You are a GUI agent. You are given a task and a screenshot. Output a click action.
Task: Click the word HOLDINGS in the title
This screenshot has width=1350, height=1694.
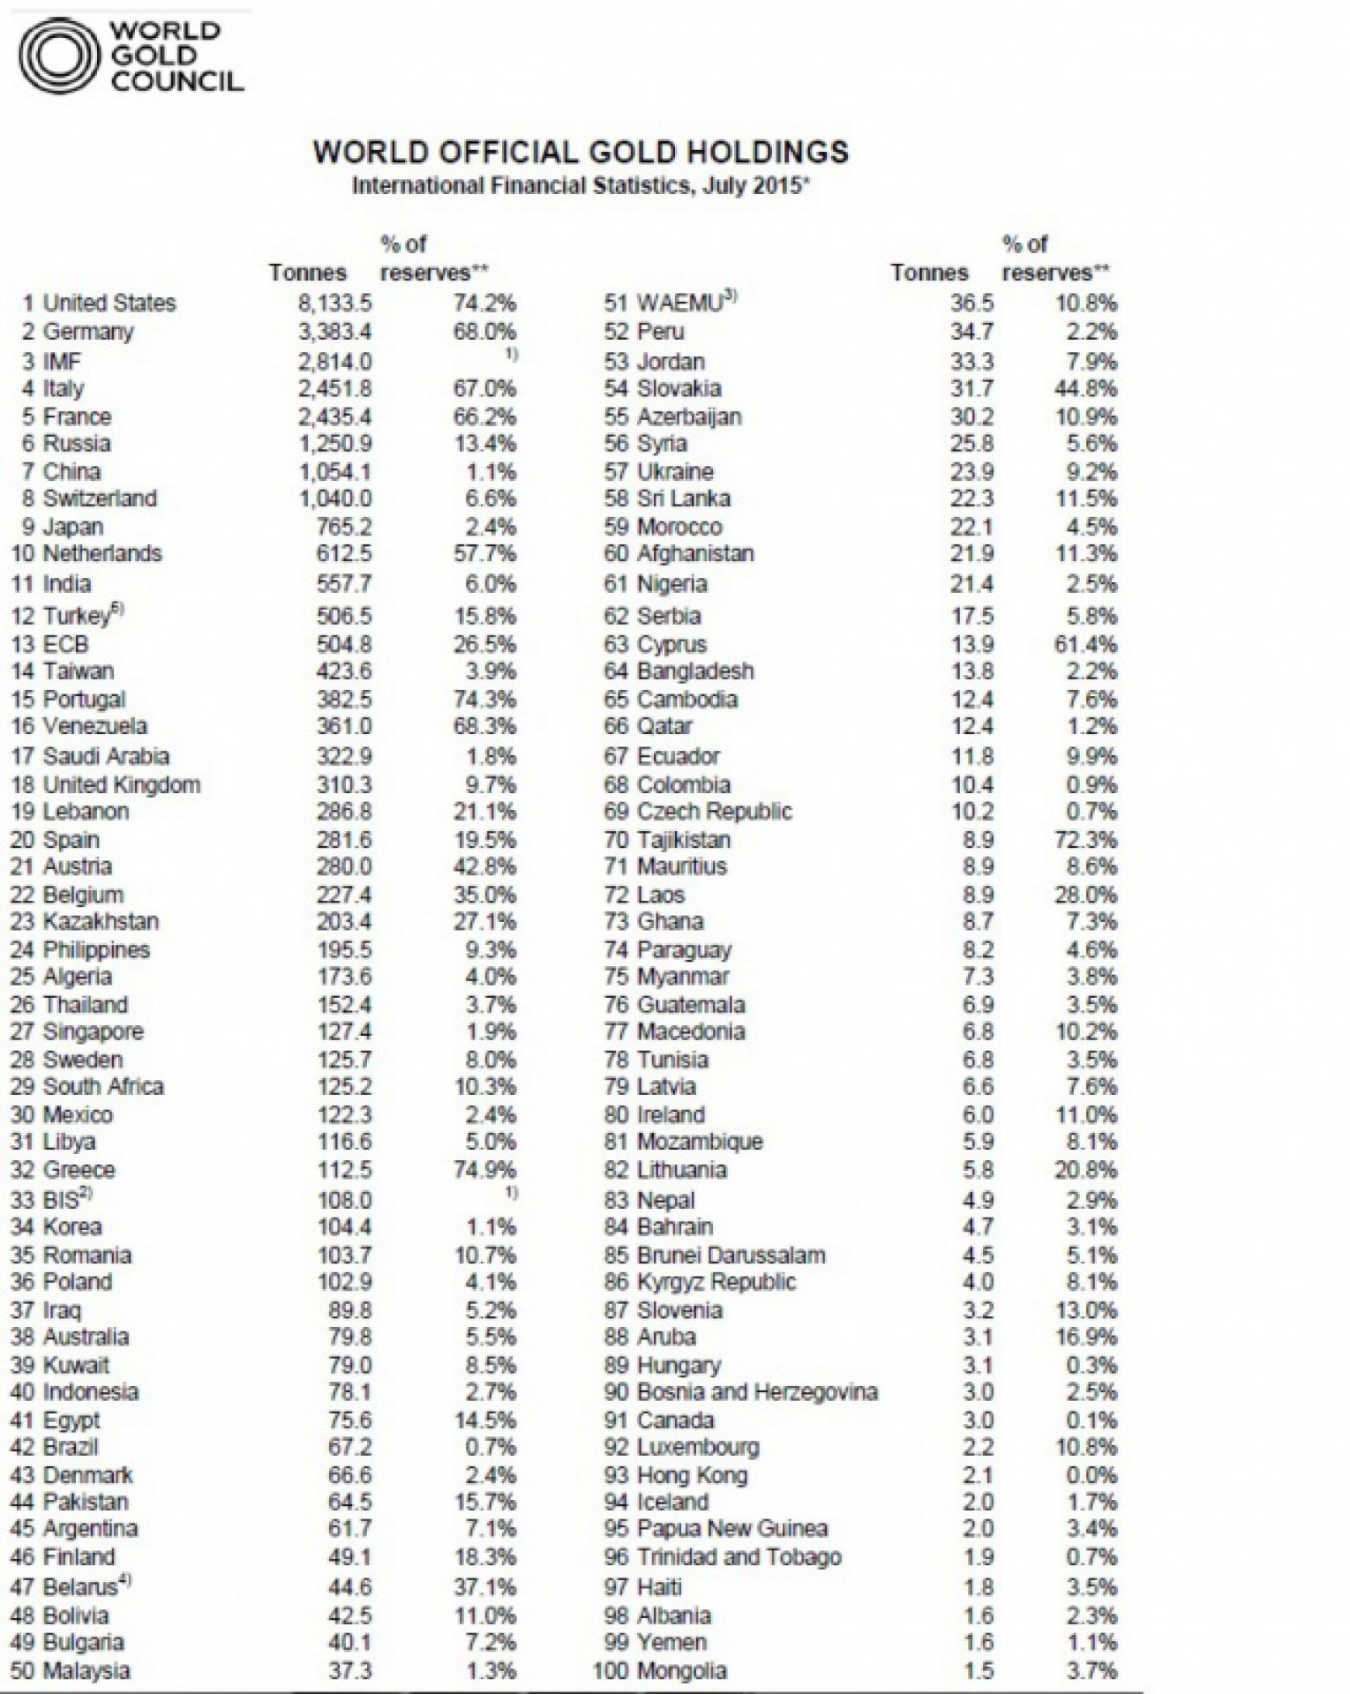click(777, 152)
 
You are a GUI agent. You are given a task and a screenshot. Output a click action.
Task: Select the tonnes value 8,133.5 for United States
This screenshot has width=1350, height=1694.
click(334, 304)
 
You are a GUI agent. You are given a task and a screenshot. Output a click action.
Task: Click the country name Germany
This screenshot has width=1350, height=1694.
click(88, 332)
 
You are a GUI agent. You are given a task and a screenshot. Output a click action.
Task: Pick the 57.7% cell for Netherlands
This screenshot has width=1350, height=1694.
click(484, 554)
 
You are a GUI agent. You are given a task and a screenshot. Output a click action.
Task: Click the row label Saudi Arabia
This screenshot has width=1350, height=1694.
click(106, 756)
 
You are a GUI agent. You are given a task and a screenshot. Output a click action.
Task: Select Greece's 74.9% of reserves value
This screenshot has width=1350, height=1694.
click(484, 1170)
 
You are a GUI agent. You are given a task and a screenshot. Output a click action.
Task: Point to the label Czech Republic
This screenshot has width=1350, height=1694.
click(715, 812)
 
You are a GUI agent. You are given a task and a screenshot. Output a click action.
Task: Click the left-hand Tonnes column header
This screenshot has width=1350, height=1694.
click(308, 273)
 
